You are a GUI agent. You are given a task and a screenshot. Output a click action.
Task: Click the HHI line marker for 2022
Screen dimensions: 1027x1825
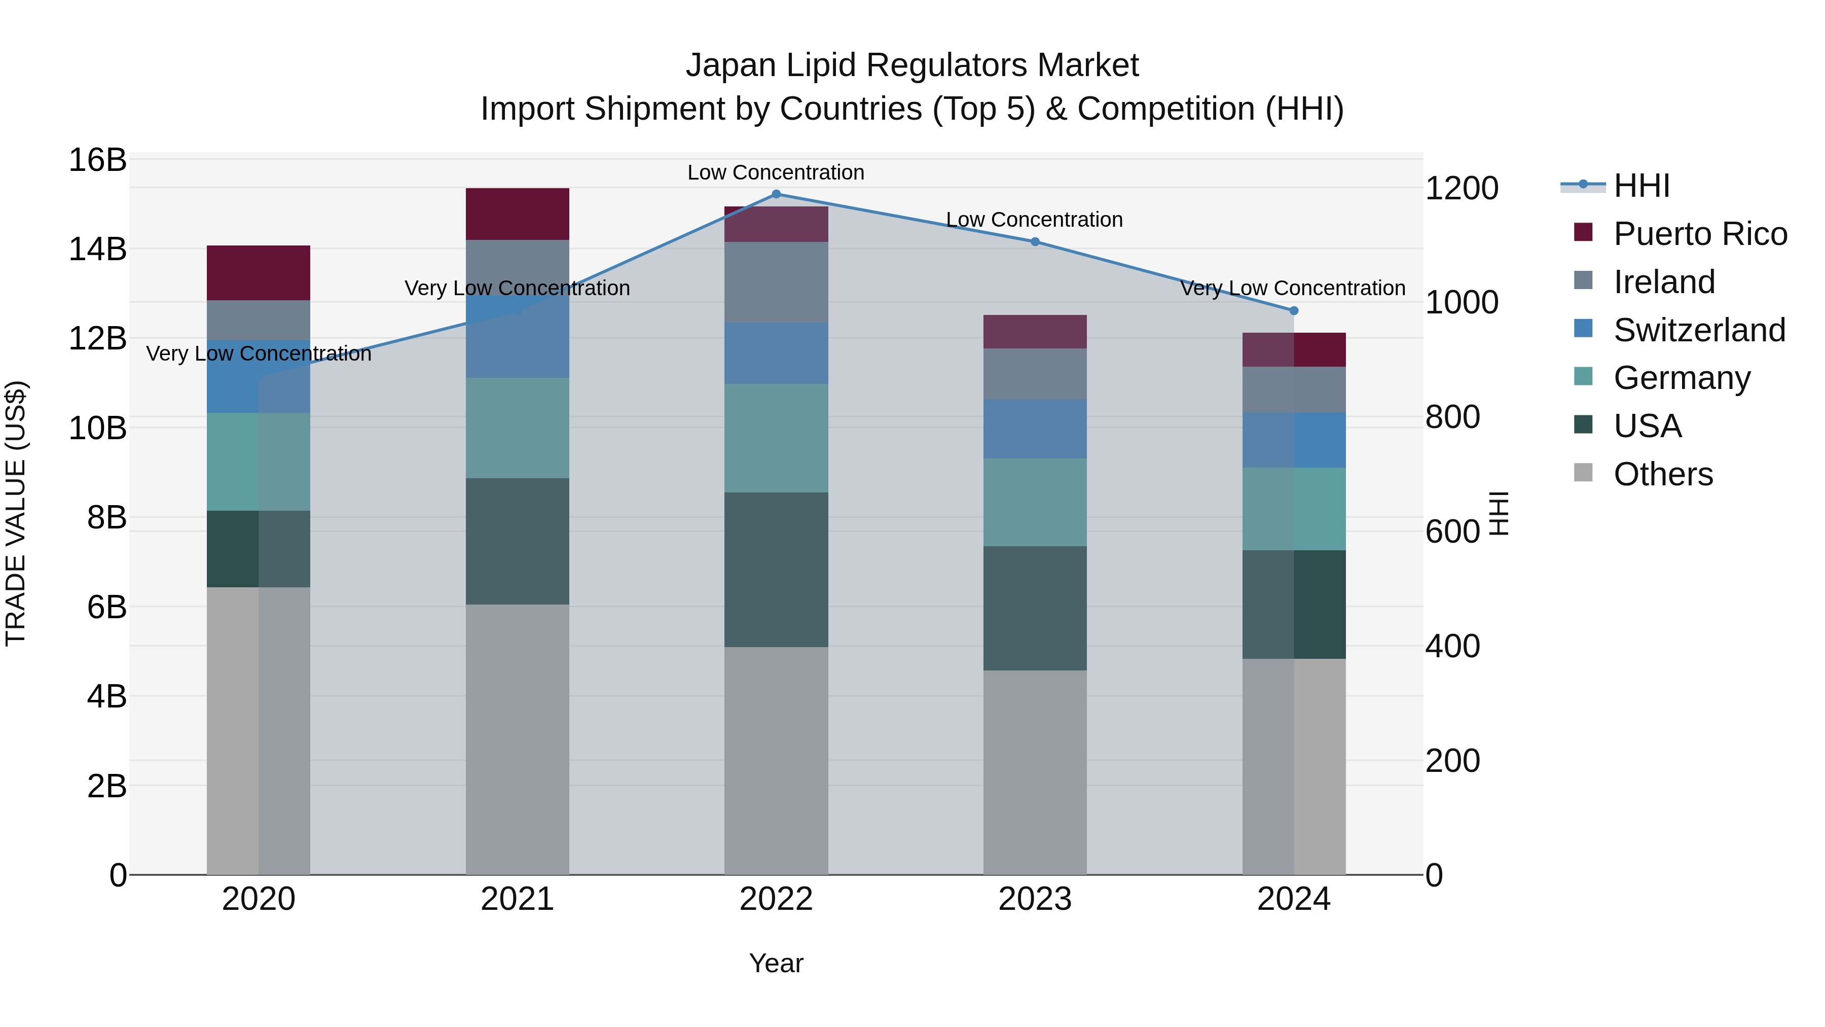tap(776, 194)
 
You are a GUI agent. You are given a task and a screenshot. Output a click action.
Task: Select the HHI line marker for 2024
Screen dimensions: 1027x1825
tap(1294, 310)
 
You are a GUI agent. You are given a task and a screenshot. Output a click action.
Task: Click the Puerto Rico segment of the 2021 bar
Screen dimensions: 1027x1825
tap(517, 214)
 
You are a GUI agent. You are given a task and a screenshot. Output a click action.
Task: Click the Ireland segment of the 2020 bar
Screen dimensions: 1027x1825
tap(259, 321)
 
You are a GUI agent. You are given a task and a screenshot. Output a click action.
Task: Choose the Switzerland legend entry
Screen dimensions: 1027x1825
tap(1698, 330)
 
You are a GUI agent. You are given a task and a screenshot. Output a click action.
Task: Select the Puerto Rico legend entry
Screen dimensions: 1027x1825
tap(1699, 234)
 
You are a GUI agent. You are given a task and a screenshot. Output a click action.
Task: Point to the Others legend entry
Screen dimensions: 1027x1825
tap(1662, 474)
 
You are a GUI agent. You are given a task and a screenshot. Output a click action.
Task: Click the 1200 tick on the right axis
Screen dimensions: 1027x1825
tap(1461, 189)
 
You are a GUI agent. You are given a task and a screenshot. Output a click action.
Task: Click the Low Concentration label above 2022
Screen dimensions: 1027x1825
tap(776, 172)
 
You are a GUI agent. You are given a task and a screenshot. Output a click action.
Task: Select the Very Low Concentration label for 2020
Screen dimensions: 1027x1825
tap(259, 353)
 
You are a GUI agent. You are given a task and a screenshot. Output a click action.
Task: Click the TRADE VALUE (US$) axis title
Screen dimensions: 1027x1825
tap(16, 513)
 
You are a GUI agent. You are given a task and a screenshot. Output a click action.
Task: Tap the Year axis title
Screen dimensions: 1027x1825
tap(776, 963)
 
